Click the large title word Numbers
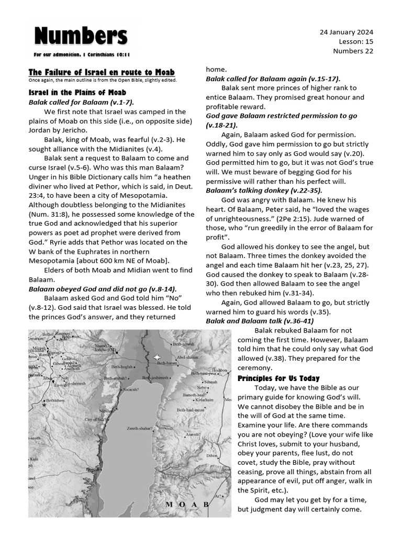[81, 37]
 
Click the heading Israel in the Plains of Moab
[77, 93]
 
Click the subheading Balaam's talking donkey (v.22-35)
[264, 191]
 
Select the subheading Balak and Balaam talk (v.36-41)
[260, 321]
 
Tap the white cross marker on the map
[158, 357]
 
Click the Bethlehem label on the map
[58, 400]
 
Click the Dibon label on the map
[211, 455]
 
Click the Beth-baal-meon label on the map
[191, 410]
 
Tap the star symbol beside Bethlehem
[44, 404]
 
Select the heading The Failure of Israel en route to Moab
[102, 72]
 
